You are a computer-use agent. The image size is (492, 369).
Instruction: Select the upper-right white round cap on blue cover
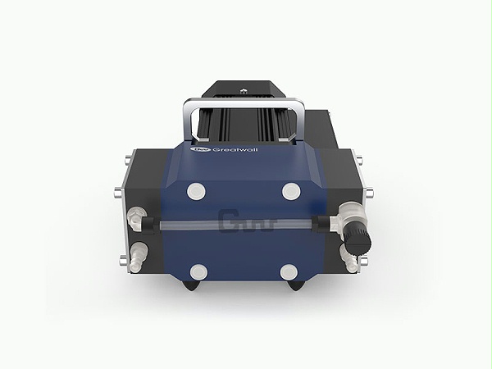pyautogui.click(x=289, y=190)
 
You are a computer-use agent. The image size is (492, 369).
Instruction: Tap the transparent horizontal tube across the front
pyautogui.click(x=246, y=222)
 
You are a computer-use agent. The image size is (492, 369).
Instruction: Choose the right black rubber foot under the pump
pyautogui.click(x=298, y=286)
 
